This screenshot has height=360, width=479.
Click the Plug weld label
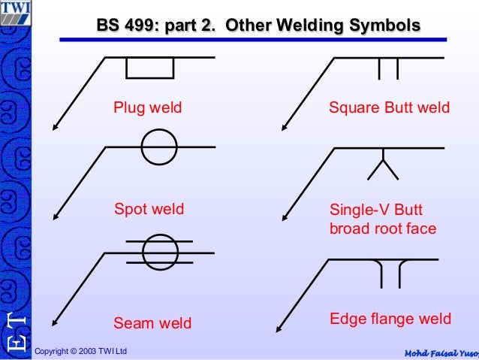[x=148, y=107]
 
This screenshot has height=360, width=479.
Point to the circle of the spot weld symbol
[x=159, y=147]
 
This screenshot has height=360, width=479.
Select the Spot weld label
[x=149, y=208]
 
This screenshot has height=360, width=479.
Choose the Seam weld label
[x=152, y=323]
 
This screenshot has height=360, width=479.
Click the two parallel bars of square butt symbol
[x=388, y=68]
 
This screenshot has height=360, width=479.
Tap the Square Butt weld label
[x=390, y=107]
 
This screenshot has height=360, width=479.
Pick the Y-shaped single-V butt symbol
[x=383, y=165]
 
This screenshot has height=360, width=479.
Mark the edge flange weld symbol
[x=390, y=272]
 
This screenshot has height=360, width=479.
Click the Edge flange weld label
[x=390, y=319]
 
